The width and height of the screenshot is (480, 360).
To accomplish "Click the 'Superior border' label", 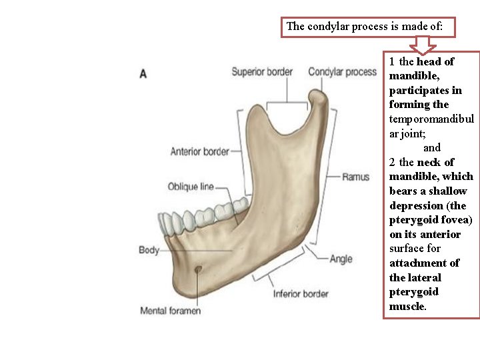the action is [x=261, y=72].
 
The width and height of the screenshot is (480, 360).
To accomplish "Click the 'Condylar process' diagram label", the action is [x=342, y=72].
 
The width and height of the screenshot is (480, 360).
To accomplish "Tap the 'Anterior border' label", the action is [x=199, y=151].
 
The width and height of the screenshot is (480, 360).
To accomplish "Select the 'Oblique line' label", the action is [x=191, y=187].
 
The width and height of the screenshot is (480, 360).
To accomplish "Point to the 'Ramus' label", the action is [x=355, y=177].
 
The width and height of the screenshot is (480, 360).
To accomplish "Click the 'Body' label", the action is [x=149, y=250].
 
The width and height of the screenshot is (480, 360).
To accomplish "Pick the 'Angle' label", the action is [x=341, y=259].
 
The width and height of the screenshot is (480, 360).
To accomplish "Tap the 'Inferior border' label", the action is [x=301, y=293].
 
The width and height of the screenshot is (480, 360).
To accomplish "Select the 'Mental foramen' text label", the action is [x=170, y=311].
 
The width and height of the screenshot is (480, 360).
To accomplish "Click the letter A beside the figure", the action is [x=143, y=73].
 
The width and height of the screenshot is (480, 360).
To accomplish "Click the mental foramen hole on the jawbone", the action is [x=198, y=269].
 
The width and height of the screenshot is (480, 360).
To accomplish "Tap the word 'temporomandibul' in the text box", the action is [x=431, y=119].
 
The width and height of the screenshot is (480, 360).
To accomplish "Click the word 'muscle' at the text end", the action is [x=407, y=307].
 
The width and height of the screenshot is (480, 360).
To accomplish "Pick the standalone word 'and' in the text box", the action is [x=432, y=147].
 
